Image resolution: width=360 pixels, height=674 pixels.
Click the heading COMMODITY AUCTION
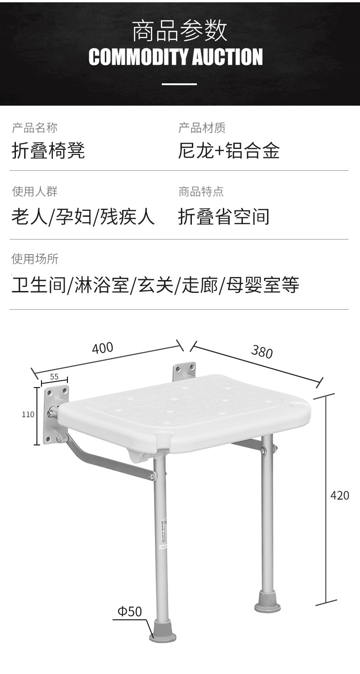[x=175, y=57]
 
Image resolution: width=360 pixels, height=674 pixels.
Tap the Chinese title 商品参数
[x=180, y=31]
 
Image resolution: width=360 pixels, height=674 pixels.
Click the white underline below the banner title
[x=180, y=84]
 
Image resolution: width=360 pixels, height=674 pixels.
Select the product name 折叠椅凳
[x=48, y=150]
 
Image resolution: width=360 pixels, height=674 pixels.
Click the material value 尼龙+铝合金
[x=229, y=150]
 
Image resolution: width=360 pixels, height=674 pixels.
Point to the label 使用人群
[x=35, y=192]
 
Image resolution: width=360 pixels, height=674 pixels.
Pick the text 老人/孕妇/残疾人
[x=83, y=216]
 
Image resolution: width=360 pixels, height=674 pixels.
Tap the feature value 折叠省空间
[x=224, y=216]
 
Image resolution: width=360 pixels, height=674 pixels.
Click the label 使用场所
[x=35, y=259]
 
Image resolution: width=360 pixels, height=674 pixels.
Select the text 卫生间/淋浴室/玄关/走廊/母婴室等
[x=155, y=285]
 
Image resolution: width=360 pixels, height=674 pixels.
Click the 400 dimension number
[x=103, y=348]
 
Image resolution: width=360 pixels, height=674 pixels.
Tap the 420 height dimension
[x=339, y=495]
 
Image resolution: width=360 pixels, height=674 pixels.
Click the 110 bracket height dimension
[x=28, y=414]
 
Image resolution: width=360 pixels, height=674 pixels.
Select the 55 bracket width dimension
[x=54, y=377]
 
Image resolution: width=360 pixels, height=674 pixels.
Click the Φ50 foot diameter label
[x=130, y=611]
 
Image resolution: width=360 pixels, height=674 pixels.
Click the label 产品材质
[x=202, y=128]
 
